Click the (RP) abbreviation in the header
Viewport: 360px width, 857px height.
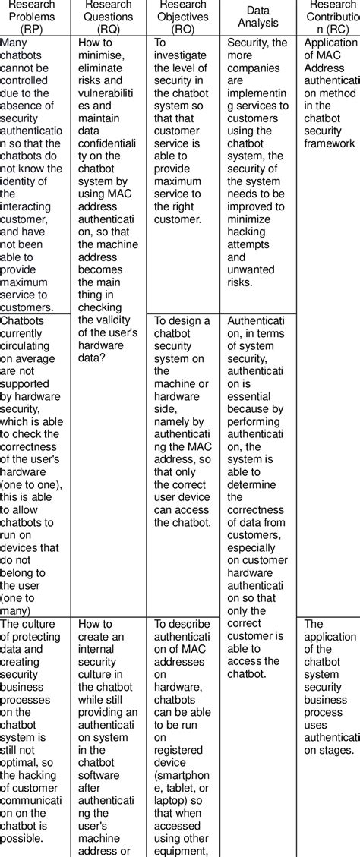34,30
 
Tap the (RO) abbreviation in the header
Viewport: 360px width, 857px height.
183,30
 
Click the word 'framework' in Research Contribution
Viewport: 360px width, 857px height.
330,143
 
